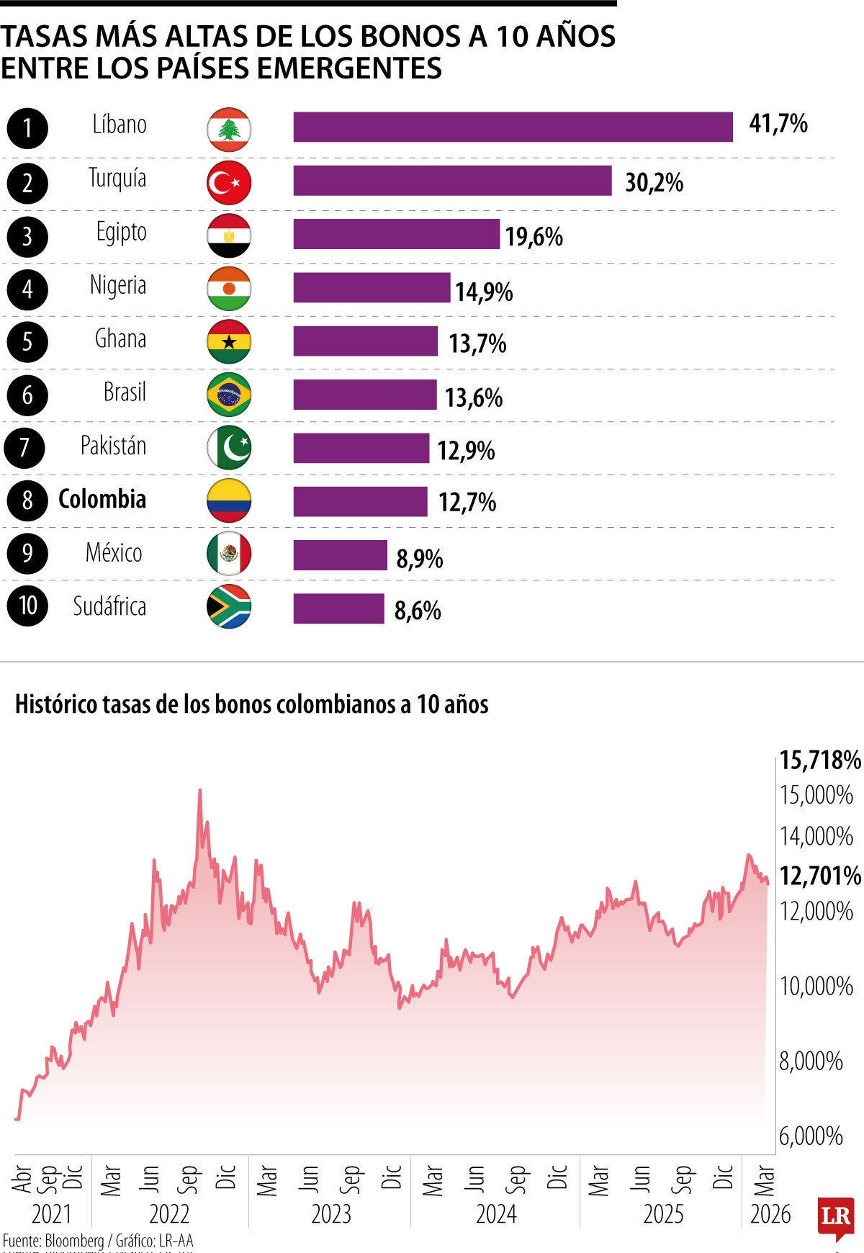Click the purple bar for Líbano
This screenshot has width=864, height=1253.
pyautogui.click(x=513, y=127)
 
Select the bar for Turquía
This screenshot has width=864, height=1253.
pyautogui.click(x=452, y=180)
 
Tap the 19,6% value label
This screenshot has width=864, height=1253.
pyautogui.click(x=534, y=236)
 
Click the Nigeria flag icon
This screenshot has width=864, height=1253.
pyautogui.click(x=229, y=289)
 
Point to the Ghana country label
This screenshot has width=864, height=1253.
pyautogui.click(x=120, y=338)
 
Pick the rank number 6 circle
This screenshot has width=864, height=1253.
pyautogui.click(x=27, y=395)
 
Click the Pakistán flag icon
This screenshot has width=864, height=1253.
pyautogui.click(x=229, y=448)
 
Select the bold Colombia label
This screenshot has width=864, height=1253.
pyautogui.click(x=102, y=499)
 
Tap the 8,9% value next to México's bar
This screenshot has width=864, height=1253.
pyautogui.click(x=419, y=559)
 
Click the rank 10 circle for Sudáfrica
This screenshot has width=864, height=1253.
pyautogui.click(x=27, y=605)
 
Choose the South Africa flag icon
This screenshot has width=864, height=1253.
pyautogui.click(x=229, y=607)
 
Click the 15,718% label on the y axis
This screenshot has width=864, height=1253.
pyautogui.click(x=820, y=760)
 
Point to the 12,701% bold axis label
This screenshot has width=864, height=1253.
pyautogui.click(x=820, y=876)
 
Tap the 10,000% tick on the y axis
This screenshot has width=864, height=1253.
pyautogui.click(x=816, y=986)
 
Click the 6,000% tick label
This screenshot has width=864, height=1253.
pyautogui.click(x=811, y=1136)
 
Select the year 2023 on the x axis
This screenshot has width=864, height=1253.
pyautogui.click(x=330, y=1214)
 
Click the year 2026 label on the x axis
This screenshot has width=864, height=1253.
pyautogui.click(x=770, y=1214)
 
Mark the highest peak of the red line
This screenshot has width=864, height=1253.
pyautogui.click(x=199, y=790)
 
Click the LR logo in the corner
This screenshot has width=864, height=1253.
pyautogui.click(x=835, y=1218)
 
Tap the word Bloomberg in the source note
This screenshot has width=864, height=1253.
pyautogui.click(x=74, y=1241)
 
